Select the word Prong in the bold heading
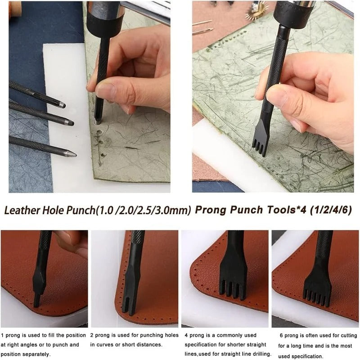(x=211, y=209)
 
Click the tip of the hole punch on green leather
(x=97, y=121)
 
